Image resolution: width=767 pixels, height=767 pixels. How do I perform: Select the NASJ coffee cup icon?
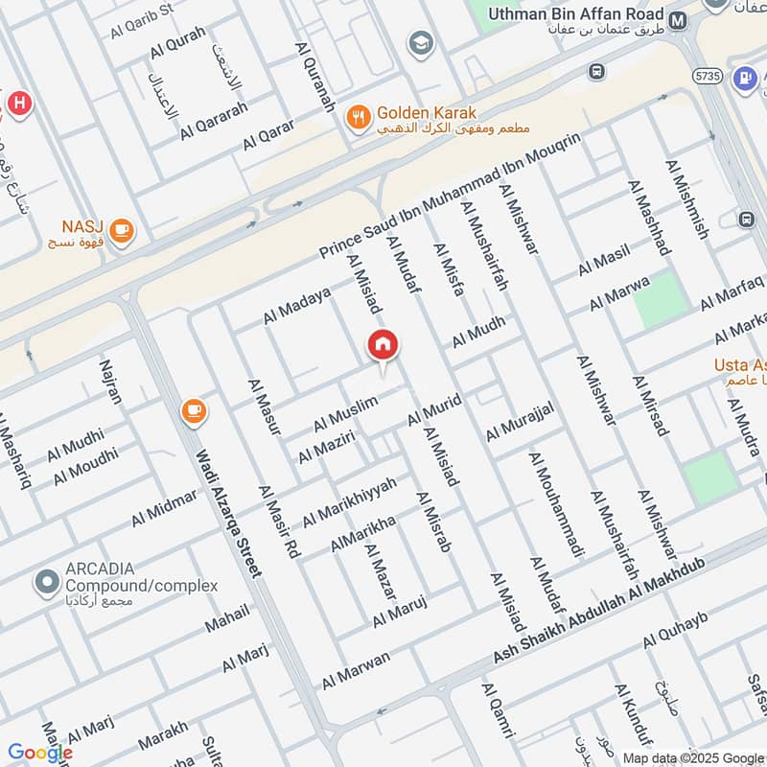point(121,230)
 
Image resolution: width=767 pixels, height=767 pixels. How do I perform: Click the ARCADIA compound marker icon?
point(45,581)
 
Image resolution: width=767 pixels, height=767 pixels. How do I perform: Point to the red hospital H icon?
point(16,102)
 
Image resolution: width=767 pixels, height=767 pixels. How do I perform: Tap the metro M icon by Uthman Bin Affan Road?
point(679,19)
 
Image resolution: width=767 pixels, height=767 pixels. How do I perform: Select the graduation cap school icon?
point(419,43)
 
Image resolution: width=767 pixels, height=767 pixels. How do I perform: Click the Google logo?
point(39,753)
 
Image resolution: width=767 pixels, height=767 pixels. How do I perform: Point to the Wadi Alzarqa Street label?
point(228,514)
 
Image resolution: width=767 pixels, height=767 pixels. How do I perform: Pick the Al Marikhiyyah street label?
point(349,501)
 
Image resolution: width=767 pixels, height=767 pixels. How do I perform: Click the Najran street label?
point(111,381)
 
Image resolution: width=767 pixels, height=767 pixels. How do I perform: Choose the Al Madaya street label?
point(297,306)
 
